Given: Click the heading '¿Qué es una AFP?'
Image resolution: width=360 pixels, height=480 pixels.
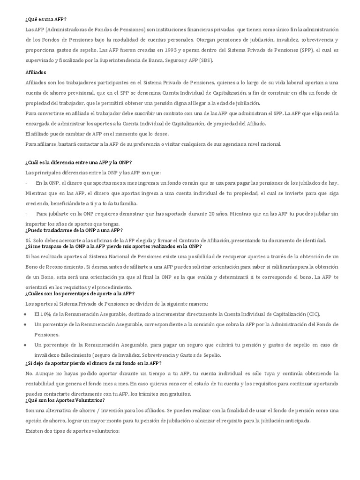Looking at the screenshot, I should tap(46, 19).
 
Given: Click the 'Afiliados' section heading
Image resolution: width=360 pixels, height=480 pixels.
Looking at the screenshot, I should tap(36, 72).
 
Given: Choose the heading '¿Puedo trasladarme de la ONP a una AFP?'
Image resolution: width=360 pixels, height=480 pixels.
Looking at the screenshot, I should tap(74, 230).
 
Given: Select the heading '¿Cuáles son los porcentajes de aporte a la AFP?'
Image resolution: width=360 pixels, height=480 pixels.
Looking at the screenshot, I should tap(80, 293).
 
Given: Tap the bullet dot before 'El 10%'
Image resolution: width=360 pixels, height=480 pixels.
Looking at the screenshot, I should tap(25, 314).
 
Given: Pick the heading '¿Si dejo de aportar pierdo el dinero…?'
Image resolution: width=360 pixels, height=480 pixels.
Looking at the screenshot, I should tap(93, 363).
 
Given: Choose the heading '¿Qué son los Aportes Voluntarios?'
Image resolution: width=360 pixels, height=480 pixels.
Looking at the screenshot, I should tap(65, 400).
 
